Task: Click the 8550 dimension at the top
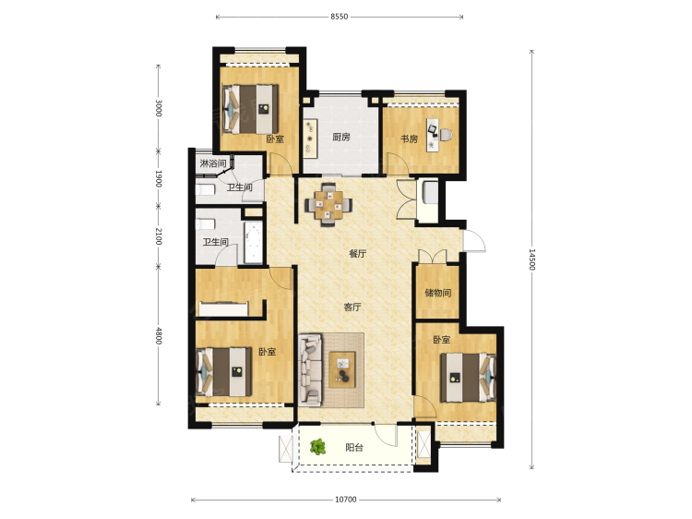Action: (x=339, y=17)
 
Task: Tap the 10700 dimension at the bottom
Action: (x=346, y=500)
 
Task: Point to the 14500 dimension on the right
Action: (x=531, y=259)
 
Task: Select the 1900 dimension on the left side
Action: (x=159, y=178)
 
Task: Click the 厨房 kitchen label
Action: (x=341, y=137)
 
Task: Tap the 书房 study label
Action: (x=409, y=139)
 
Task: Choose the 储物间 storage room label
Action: (x=437, y=293)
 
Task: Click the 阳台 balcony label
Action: (x=354, y=448)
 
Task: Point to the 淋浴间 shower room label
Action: (x=213, y=163)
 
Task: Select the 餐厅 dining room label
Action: (x=357, y=254)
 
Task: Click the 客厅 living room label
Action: (x=352, y=307)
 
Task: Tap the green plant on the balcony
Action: (x=317, y=447)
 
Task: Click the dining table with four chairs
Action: (x=328, y=204)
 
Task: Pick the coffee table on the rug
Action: (x=342, y=369)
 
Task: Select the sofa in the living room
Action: (x=309, y=370)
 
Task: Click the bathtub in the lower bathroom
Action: (x=254, y=243)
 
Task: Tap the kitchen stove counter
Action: (x=310, y=139)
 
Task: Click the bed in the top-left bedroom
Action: (x=250, y=109)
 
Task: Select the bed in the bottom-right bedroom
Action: (x=468, y=377)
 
